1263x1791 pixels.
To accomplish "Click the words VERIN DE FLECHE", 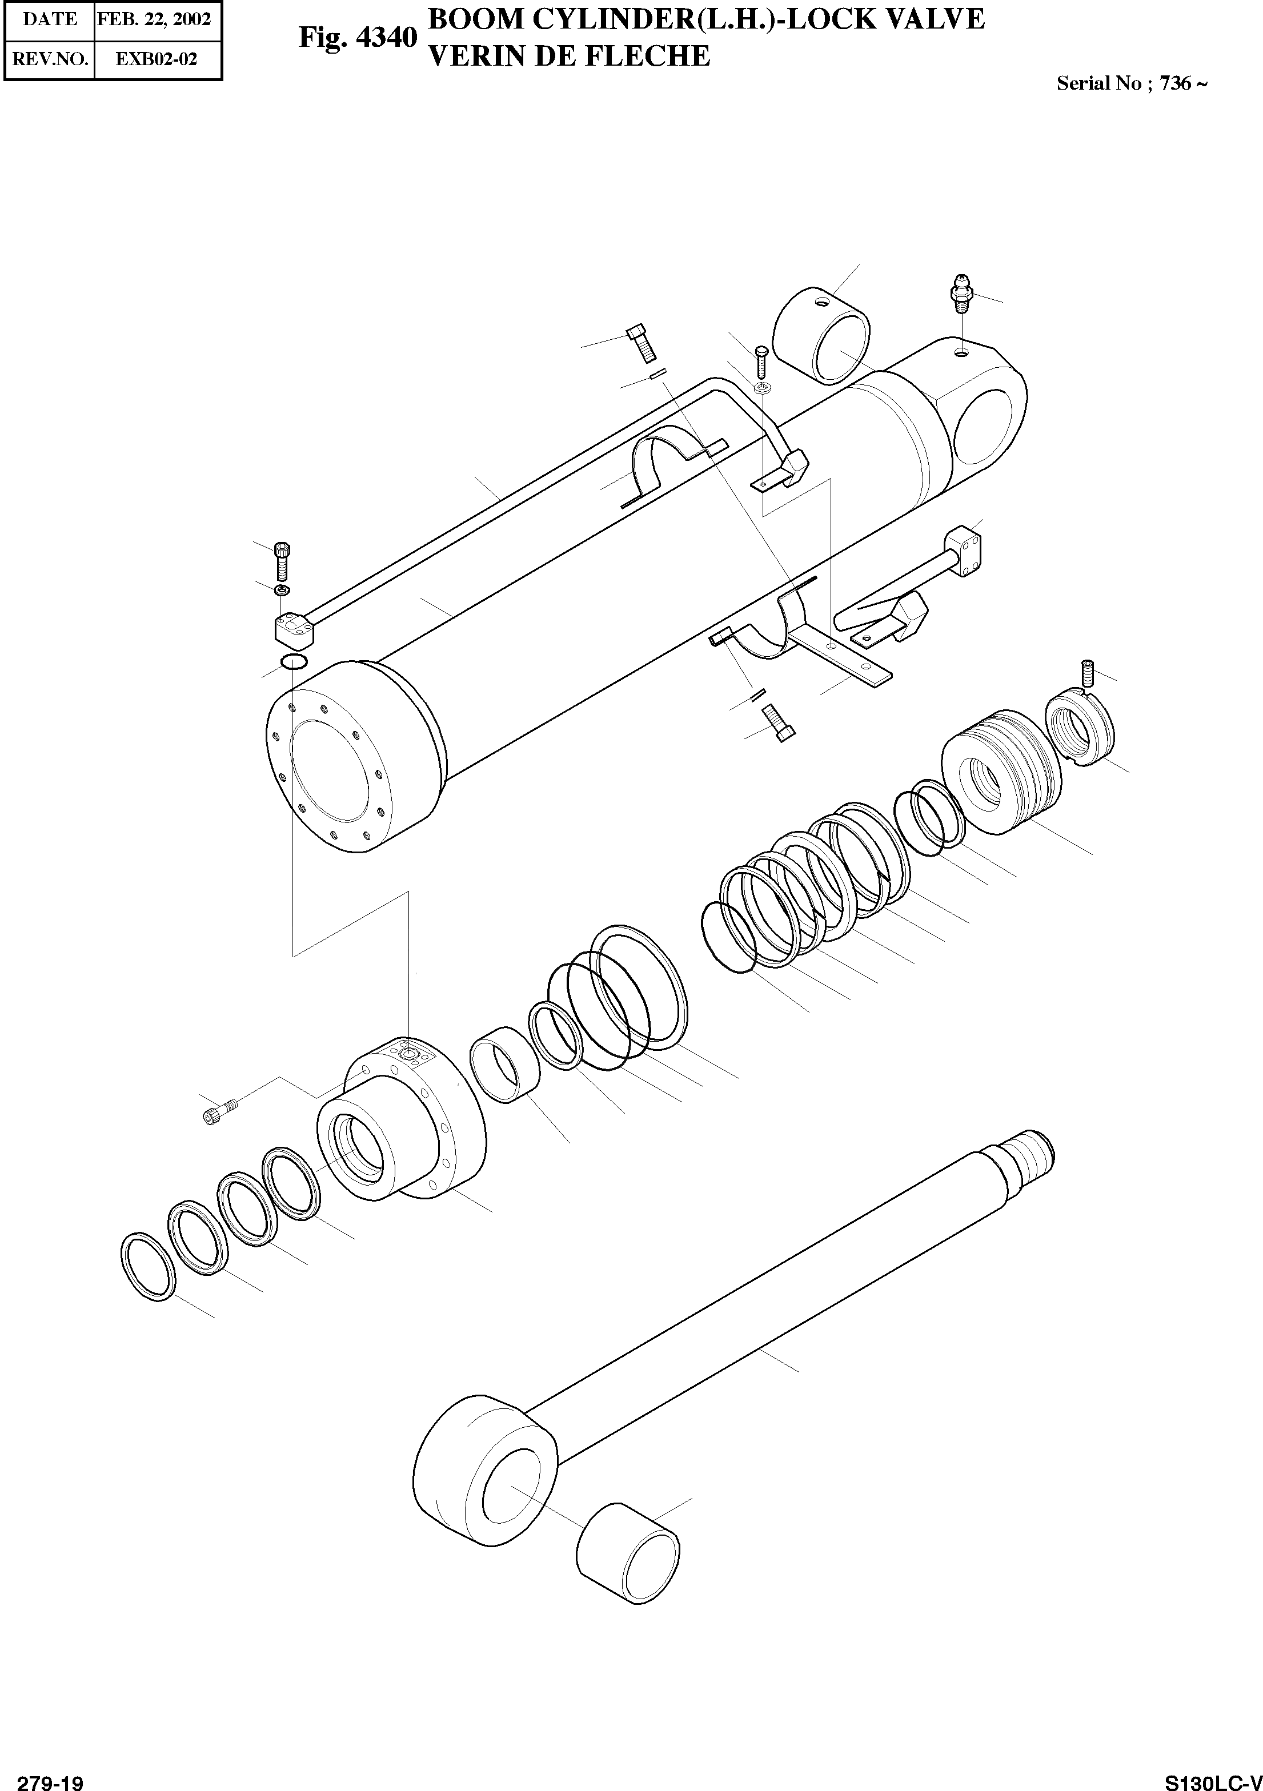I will (570, 55).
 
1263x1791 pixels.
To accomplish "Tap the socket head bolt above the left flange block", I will (282, 559).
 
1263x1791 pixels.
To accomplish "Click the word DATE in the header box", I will (50, 19).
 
